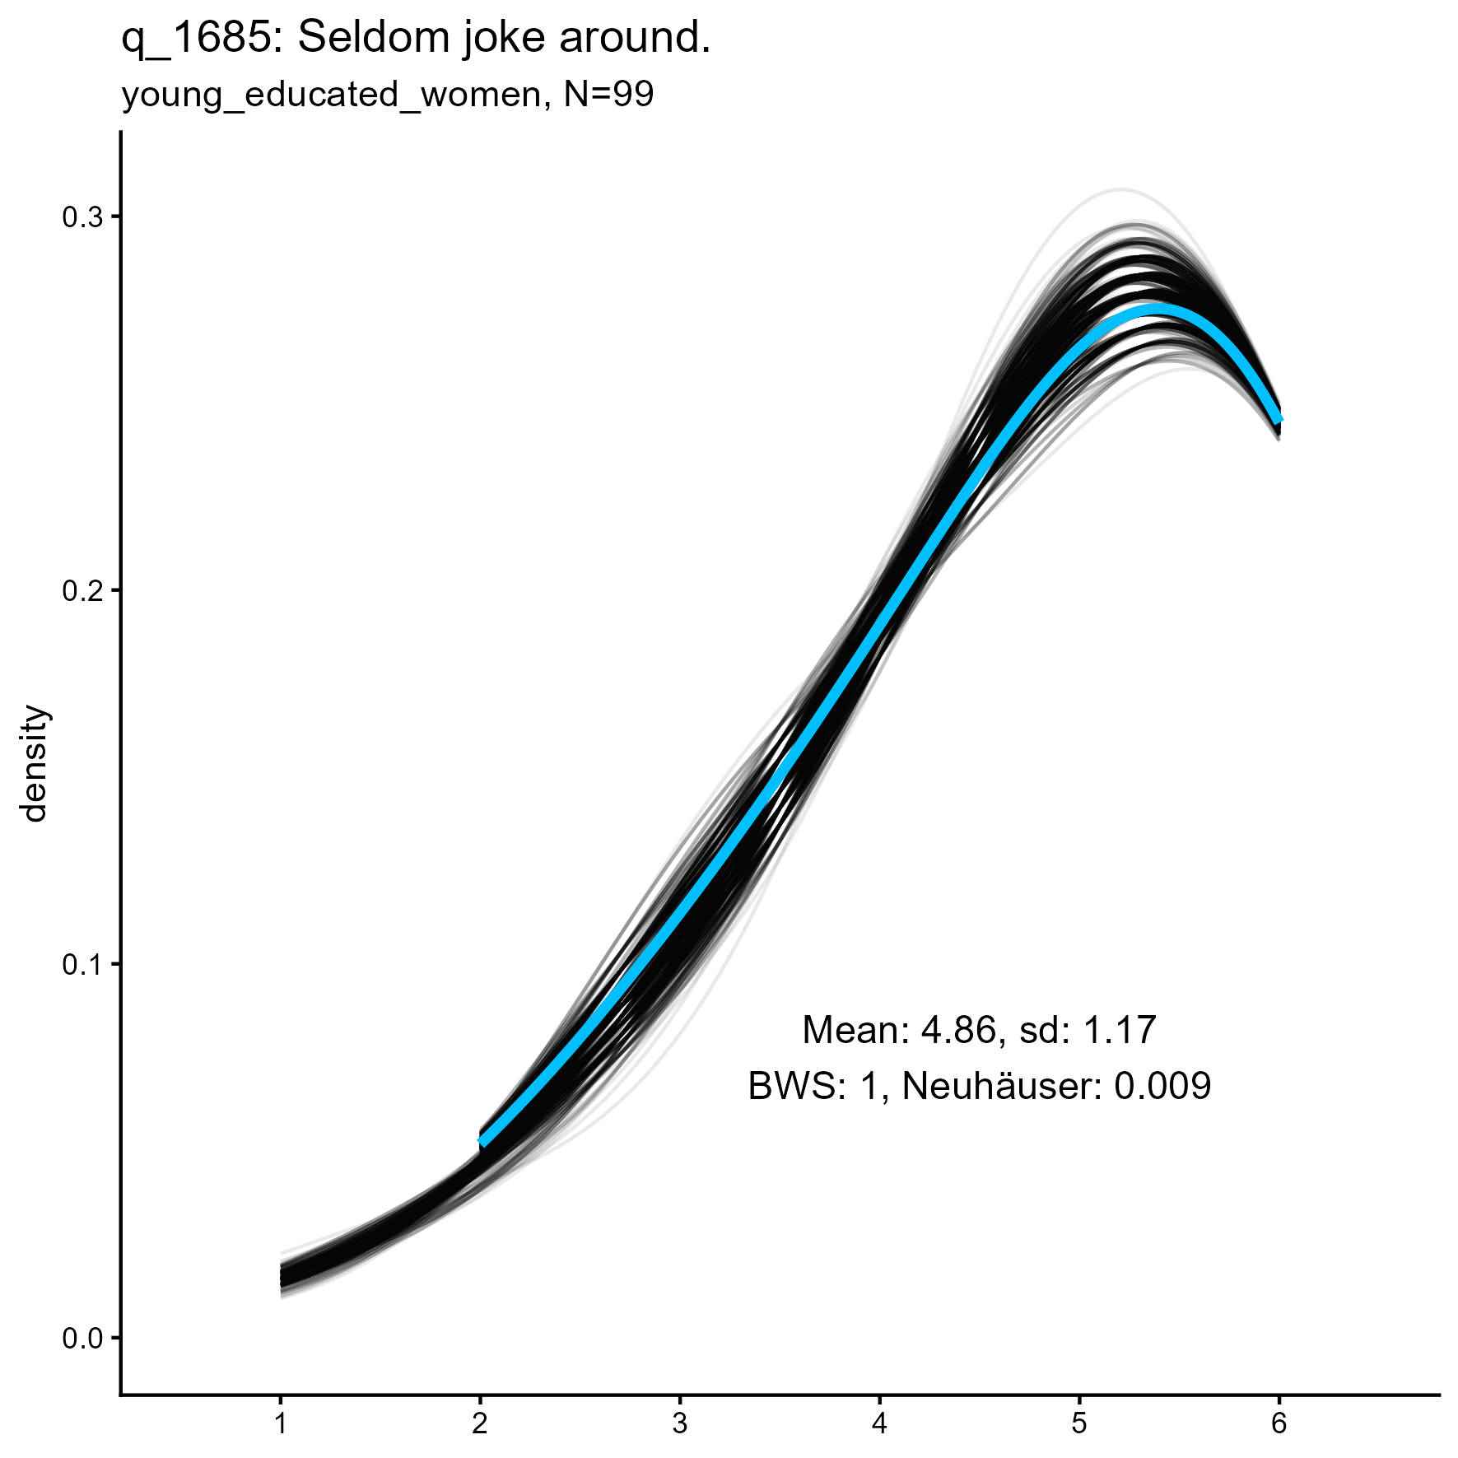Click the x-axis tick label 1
(281, 1424)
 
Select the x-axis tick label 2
(480, 1424)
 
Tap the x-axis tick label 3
(680, 1424)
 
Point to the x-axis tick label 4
(879, 1424)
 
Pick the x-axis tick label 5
(1079, 1424)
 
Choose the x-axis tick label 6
(1279, 1424)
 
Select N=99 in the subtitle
(609, 95)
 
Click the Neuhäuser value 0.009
(1162, 1087)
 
